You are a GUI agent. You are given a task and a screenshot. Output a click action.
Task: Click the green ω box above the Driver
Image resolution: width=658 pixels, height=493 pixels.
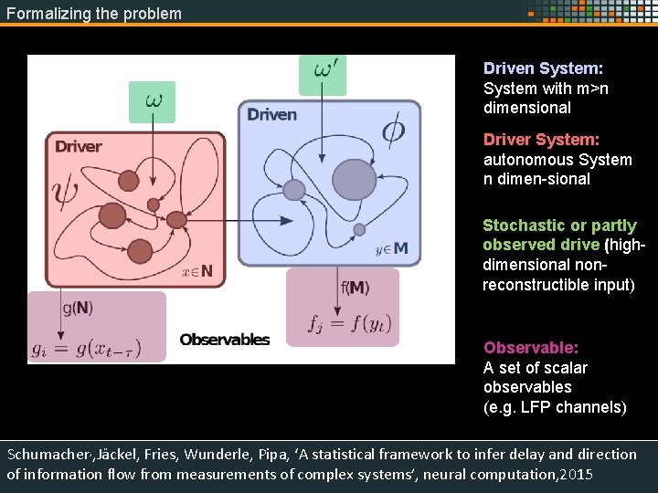152,101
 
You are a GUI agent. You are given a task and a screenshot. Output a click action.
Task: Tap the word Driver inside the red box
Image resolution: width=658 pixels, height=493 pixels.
79,146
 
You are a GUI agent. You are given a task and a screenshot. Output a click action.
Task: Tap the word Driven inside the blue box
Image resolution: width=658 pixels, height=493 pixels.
271,114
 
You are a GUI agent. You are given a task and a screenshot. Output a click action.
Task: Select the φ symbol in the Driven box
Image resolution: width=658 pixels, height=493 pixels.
393,132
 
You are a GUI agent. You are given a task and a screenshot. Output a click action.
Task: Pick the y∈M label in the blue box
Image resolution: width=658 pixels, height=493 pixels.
392,247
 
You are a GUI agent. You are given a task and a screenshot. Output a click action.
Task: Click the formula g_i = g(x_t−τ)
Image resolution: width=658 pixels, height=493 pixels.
98,349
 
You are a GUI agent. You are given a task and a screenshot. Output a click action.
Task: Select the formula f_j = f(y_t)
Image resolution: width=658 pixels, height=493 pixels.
345,322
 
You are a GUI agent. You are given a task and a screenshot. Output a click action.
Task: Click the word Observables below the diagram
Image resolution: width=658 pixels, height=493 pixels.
225,340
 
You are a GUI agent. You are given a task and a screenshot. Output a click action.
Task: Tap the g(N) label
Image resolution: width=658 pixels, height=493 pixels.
78,308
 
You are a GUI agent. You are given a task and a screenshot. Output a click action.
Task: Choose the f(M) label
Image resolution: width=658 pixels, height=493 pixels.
356,288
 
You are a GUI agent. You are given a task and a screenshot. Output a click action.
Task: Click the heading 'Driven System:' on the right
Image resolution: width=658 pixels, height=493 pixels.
543,68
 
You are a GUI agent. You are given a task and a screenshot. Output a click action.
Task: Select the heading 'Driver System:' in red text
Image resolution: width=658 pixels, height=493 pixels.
541,140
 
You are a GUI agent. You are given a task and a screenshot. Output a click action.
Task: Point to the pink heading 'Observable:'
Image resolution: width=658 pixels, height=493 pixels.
531,348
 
